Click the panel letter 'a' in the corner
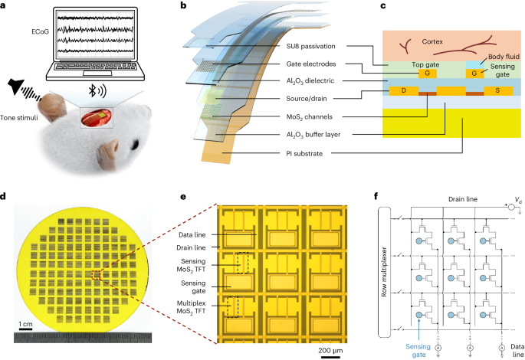5,6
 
